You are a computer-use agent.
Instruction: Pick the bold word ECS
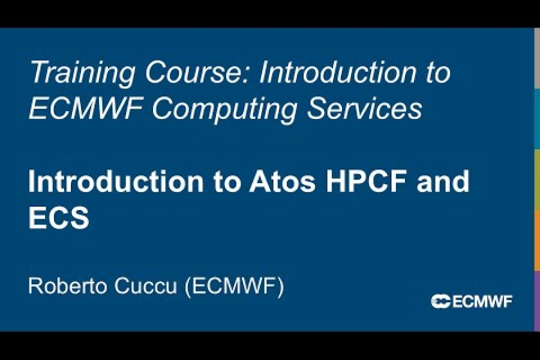coord(59,219)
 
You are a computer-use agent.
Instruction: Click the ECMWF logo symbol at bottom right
coord(440,301)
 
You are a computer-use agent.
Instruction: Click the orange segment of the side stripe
coord(536,240)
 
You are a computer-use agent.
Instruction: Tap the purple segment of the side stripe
coord(536,300)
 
